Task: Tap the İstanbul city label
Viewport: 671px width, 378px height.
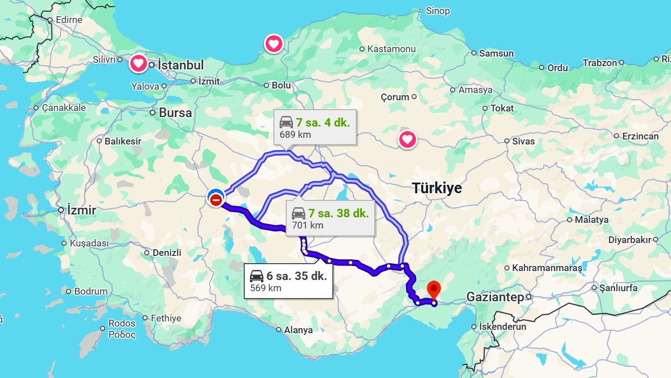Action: coord(181,65)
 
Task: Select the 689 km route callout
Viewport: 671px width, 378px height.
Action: coord(314,128)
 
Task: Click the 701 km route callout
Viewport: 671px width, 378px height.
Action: coord(330,218)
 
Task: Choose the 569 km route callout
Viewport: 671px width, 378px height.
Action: coord(289,281)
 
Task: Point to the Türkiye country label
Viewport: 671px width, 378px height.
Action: coord(437,188)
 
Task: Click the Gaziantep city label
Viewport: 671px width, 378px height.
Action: coord(495,297)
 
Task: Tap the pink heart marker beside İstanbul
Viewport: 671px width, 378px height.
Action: coord(139,63)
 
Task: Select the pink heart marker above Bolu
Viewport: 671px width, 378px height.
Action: coord(273,44)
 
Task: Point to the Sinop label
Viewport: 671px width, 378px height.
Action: coord(437,11)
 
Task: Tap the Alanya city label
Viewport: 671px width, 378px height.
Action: coord(298,330)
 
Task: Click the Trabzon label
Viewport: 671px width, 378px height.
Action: coord(599,63)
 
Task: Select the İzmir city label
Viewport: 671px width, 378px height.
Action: coord(81,211)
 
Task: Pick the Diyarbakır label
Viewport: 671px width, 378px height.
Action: coord(630,240)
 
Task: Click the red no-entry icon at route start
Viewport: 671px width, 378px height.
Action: coord(216,200)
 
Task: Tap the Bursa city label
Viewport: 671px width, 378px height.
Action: coord(175,113)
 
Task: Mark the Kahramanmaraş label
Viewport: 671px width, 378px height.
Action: coord(547,268)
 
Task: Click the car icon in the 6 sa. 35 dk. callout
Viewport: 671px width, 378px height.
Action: coord(257,276)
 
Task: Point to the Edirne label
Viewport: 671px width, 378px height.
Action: coord(69,20)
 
